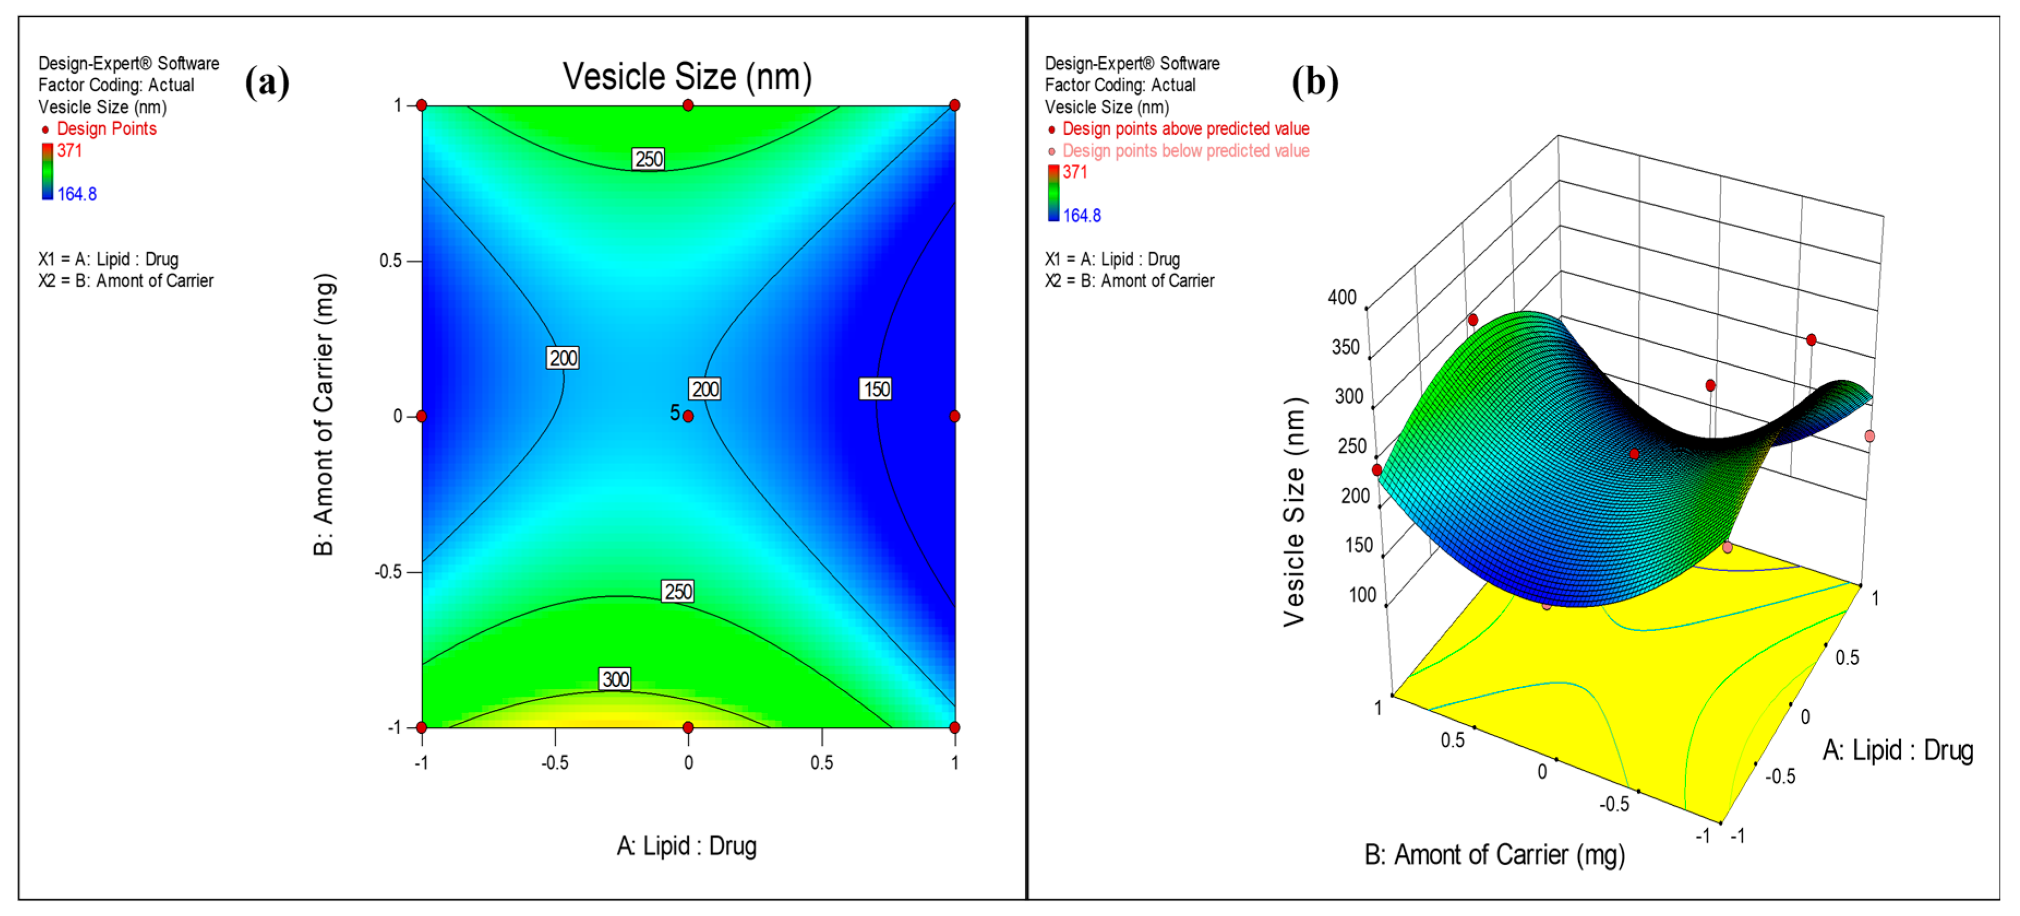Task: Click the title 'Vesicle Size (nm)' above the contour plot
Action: [687, 77]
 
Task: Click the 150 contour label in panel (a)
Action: [875, 389]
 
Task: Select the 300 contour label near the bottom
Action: [615, 679]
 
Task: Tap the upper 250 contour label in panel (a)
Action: [648, 159]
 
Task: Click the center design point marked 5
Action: [688, 416]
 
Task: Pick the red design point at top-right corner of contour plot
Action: [954, 105]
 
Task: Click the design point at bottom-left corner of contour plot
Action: [422, 727]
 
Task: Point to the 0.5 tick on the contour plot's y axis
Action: [390, 260]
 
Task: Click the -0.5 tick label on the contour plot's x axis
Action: [555, 762]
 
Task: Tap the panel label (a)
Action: [267, 82]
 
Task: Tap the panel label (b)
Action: [1314, 82]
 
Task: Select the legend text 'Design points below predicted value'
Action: [1185, 151]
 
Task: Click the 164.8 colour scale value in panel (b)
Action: [1081, 215]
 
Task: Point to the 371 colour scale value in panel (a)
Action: [69, 151]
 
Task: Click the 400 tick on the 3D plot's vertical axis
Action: [1342, 297]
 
